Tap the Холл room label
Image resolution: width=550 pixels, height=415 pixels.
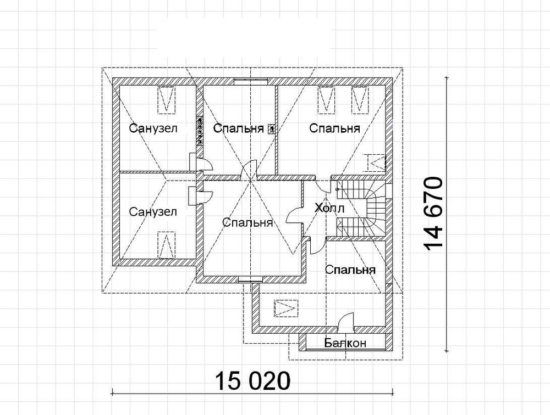click(x=329, y=209)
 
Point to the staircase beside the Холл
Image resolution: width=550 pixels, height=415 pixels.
click(x=363, y=209)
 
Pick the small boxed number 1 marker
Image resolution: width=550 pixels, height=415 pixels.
click(x=271, y=129)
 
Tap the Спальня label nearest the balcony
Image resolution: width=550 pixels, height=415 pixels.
click(x=350, y=270)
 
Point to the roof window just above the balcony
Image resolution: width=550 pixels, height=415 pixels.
click(x=286, y=309)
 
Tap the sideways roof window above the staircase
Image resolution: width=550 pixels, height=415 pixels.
click(x=377, y=162)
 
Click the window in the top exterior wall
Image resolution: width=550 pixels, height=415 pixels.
click(x=250, y=81)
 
